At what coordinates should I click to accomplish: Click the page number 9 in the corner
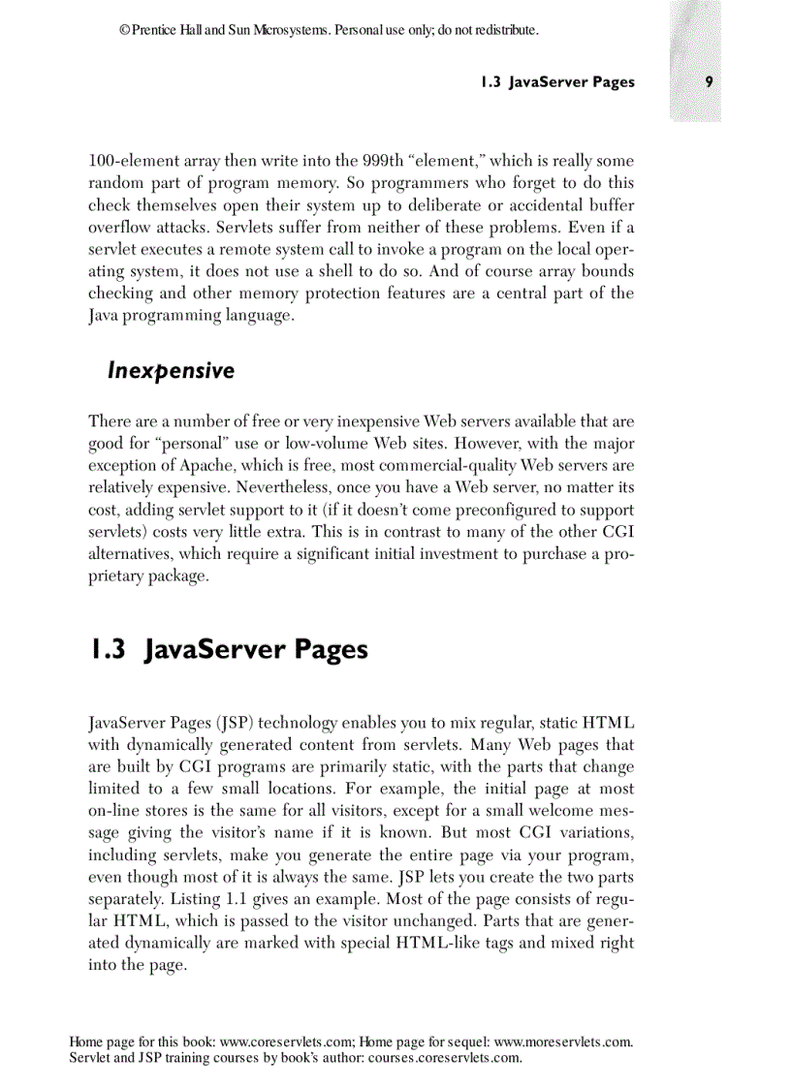tap(710, 82)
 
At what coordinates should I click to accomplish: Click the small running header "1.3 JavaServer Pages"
tap(557, 82)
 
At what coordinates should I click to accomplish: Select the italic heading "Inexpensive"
tap(171, 371)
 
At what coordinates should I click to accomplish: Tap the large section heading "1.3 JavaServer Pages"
tap(229, 649)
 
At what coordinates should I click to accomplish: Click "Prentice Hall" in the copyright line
tap(165, 31)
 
